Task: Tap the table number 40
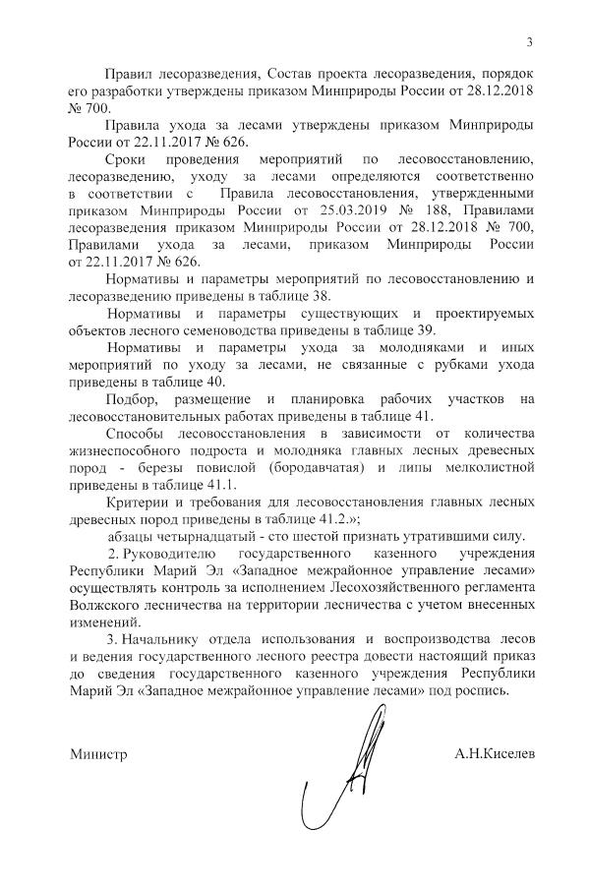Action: [214, 382]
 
